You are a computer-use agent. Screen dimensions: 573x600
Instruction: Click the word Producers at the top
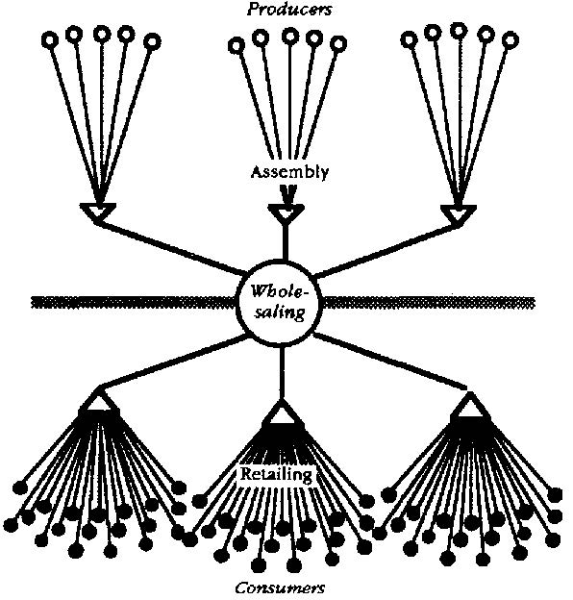[289, 9]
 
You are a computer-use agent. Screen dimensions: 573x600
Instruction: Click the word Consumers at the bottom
[280, 587]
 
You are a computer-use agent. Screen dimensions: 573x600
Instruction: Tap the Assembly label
[289, 172]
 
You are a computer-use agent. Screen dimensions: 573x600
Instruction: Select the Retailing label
[276, 474]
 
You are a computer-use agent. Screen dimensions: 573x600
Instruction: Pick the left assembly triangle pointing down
[97, 212]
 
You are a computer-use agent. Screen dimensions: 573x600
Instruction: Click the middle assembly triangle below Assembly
[286, 212]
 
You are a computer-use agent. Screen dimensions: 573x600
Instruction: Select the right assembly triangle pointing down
[459, 213]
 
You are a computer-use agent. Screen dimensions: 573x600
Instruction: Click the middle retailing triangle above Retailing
[283, 414]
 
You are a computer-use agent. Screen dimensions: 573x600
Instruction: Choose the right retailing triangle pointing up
[469, 407]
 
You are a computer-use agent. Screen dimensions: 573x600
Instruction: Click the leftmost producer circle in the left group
[50, 39]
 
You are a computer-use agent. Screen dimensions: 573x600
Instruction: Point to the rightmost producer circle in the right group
[510, 39]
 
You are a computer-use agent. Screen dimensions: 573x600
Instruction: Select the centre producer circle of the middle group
[290, 36]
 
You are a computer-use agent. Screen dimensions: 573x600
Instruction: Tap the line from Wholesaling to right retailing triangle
[390, 362]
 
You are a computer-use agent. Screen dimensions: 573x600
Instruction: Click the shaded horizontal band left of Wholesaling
[135, 303]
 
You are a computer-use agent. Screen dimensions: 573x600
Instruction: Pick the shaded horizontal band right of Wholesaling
[429, 303]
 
